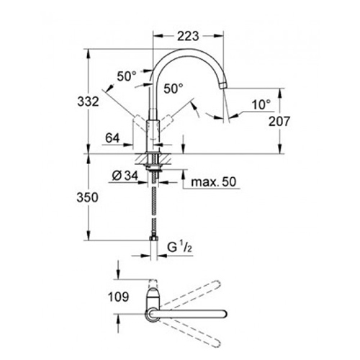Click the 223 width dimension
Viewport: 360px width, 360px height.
(188, 36)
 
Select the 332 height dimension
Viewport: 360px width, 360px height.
(88, 102)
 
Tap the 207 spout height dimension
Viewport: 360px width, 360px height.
(279, 121)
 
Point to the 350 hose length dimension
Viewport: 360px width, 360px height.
(87, 197)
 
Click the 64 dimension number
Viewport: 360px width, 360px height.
(112, 138)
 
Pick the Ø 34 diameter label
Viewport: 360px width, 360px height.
(125, 176)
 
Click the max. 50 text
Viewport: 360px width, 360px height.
(214, 182)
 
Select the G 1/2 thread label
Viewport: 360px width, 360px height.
(179, 247)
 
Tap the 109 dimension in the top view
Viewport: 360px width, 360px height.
(119, 297)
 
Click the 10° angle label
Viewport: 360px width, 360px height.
(261, 105)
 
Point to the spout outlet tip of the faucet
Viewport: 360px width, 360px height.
(223, 86)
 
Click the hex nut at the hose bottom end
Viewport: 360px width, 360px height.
(153, 238)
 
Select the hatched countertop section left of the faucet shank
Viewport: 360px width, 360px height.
(142, 159)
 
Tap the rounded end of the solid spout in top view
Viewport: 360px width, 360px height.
(224, 314)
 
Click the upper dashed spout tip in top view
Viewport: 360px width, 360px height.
(217, 283)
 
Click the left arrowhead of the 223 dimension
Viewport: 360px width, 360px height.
(157, 36)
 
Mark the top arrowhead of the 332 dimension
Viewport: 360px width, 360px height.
(89, 53)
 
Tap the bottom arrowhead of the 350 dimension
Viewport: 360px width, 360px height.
(89, 235)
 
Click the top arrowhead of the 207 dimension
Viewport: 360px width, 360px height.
(279, 93)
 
